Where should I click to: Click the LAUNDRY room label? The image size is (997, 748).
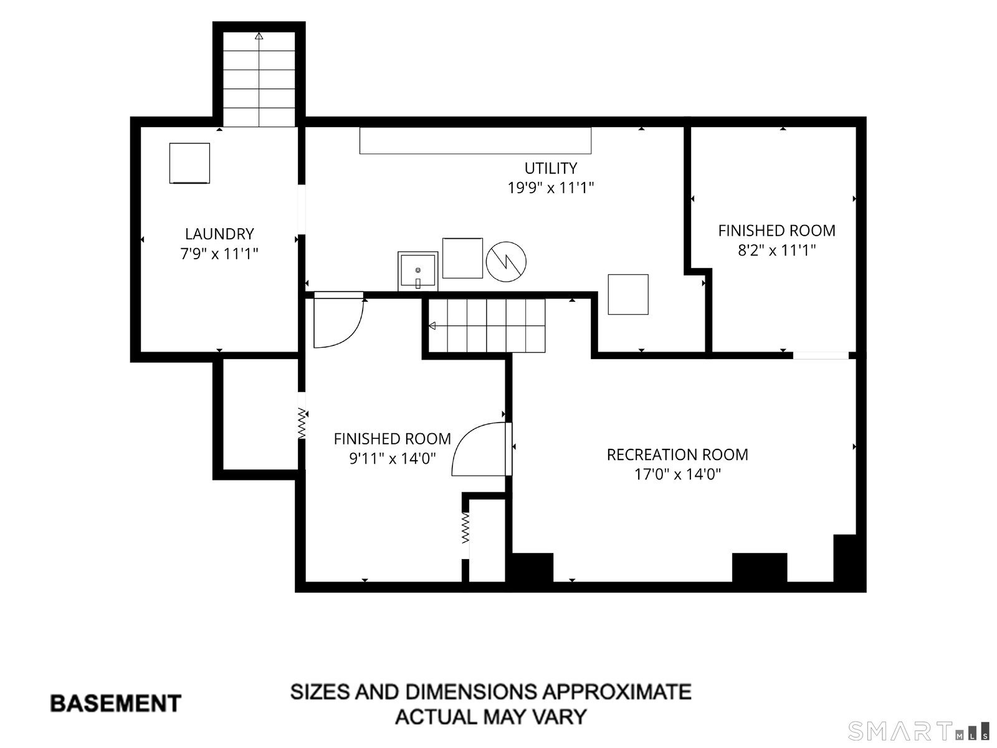coord(219,234)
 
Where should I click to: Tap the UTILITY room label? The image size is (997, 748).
coord(550,168)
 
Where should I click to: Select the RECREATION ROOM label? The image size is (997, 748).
coord(677,454)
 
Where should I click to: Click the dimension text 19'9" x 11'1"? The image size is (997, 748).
coord(550,188)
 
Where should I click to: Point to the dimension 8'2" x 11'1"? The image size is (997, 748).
coord(776,250)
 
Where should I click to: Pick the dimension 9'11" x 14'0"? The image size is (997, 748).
coord(393,458)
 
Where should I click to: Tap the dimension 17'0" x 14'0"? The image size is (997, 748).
coord(677,474)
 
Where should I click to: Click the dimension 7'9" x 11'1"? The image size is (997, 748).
coord(219,254)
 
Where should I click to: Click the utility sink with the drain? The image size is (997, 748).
coord(418,271)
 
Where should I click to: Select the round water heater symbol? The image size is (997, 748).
coord(506,262)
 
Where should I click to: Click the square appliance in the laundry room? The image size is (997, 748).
coord(190,163)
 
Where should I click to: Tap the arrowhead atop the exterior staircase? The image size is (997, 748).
coord(259,36)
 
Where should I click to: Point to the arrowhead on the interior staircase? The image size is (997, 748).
coord(432,325)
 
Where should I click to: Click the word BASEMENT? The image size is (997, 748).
coord(115,704)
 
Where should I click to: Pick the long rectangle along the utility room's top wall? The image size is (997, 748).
coord(475,140)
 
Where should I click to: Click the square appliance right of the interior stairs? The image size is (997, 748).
coord(628,294)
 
